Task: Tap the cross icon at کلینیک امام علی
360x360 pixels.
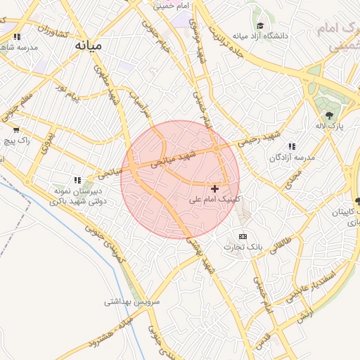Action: click(x=214, y=188)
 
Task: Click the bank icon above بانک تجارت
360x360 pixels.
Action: click(x=243, y=236)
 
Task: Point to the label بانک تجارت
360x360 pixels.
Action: click(x=243, y=247)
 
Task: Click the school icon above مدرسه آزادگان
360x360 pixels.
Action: click(x=292, y=146)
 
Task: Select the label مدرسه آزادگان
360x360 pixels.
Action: click(x=292, y=157)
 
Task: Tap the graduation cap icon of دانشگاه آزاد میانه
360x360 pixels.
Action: click(x=260, y=26)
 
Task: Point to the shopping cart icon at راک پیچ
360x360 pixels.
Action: click(x=16, y=129)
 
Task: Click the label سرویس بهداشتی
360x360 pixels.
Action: click(x=133, y=302)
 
